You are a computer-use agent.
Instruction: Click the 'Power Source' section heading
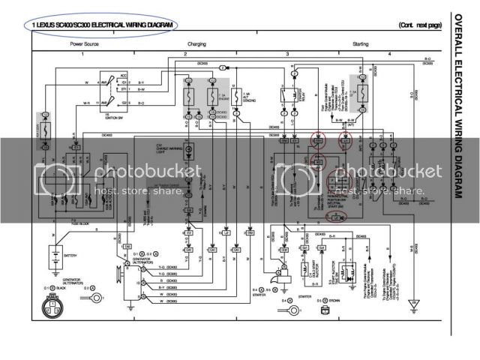coord(84,44)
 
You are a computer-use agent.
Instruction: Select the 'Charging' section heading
coord(196,44)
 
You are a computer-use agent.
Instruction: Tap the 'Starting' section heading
coord(360,44)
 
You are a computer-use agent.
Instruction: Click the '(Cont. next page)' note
coord(421,25)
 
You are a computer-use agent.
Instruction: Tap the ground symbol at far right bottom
coord(413,305)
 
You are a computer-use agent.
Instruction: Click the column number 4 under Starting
coord(390,55)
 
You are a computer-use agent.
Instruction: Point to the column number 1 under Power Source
coord(82,55)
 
